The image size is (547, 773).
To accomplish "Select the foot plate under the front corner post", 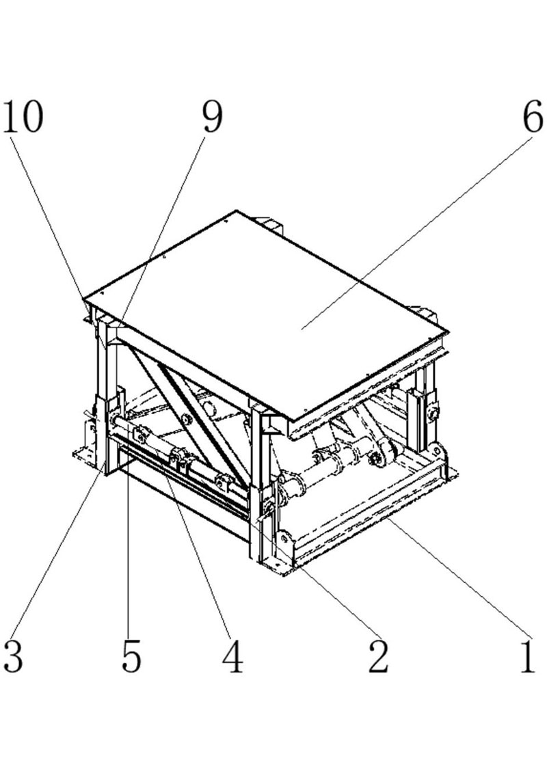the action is tap(276, 567).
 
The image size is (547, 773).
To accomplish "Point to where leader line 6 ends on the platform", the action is tap(302, 328).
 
